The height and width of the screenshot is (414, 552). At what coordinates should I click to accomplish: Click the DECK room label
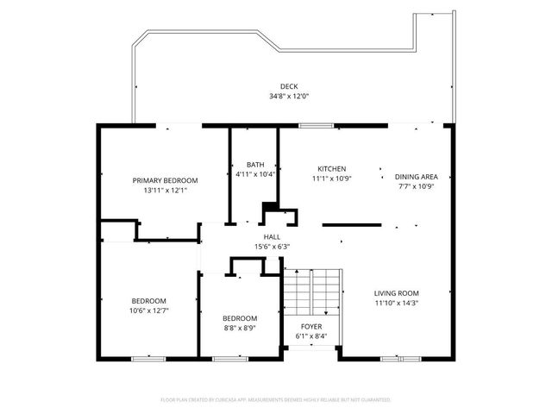click(289, 86)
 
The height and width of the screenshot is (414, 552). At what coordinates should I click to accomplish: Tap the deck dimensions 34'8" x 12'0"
click(289, 96)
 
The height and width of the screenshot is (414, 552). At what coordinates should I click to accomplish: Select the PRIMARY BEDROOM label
click(165, 180)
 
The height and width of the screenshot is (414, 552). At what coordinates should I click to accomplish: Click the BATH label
click(255, 165)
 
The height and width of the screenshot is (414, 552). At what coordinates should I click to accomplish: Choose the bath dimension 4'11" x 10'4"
click(255, 174)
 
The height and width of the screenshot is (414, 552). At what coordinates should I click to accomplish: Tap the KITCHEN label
click(332, 169)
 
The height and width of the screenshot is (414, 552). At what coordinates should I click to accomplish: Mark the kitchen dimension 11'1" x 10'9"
click(332, 179)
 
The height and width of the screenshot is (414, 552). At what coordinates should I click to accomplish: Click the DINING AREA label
click(415, 176)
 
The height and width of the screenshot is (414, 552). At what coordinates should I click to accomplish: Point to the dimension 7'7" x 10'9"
click(415, 185)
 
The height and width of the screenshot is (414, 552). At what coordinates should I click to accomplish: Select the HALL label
click(272, 237)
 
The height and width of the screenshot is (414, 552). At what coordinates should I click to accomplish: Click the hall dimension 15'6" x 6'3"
click(272, 247)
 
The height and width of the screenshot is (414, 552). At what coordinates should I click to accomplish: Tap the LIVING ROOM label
click(396, 293)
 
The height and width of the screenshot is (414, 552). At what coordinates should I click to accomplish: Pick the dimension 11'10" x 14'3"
click(396, 303)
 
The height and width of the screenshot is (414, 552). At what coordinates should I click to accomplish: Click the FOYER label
click(311, 327)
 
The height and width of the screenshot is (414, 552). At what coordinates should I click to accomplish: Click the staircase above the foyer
click(312, 291)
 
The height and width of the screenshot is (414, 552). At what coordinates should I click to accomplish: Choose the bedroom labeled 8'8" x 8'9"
click(239, 323)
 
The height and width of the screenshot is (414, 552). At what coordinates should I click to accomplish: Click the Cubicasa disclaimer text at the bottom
click(276, 400)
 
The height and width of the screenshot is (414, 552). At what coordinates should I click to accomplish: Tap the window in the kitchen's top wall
click(312, 126)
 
